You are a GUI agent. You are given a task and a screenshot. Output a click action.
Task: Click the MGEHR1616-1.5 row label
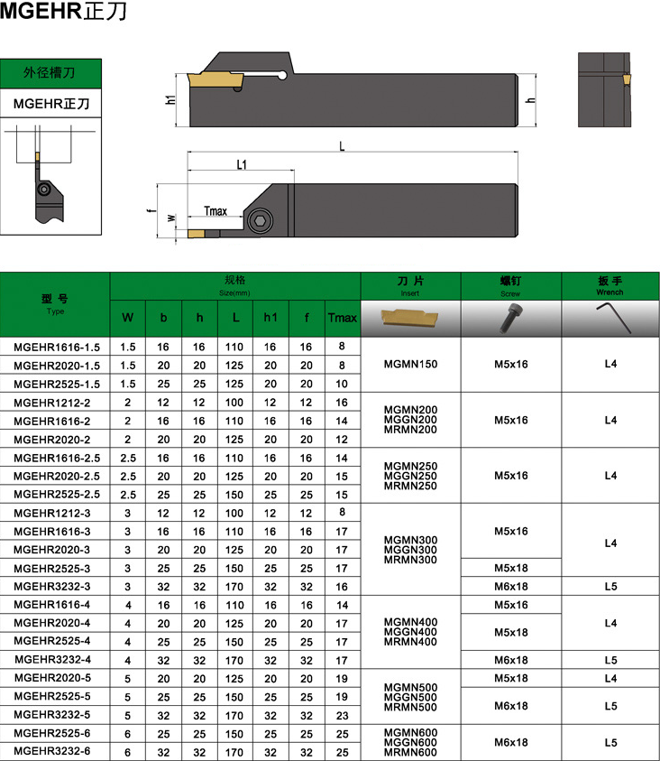57,347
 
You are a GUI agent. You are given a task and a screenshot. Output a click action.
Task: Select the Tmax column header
342,318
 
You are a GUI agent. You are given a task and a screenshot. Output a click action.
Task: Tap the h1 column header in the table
270,318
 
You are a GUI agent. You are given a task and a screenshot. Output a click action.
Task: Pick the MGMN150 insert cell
410,364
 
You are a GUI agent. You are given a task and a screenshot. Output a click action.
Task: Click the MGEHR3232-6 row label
52,751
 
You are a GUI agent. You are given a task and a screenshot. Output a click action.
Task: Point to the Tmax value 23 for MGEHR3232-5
342,715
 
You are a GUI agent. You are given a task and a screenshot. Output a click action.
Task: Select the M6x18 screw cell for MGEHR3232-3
511,586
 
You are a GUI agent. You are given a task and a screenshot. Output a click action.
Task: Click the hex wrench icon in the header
613,318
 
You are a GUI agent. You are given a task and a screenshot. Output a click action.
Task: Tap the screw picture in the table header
512,318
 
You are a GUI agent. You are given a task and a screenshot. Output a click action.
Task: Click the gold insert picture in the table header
409,317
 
